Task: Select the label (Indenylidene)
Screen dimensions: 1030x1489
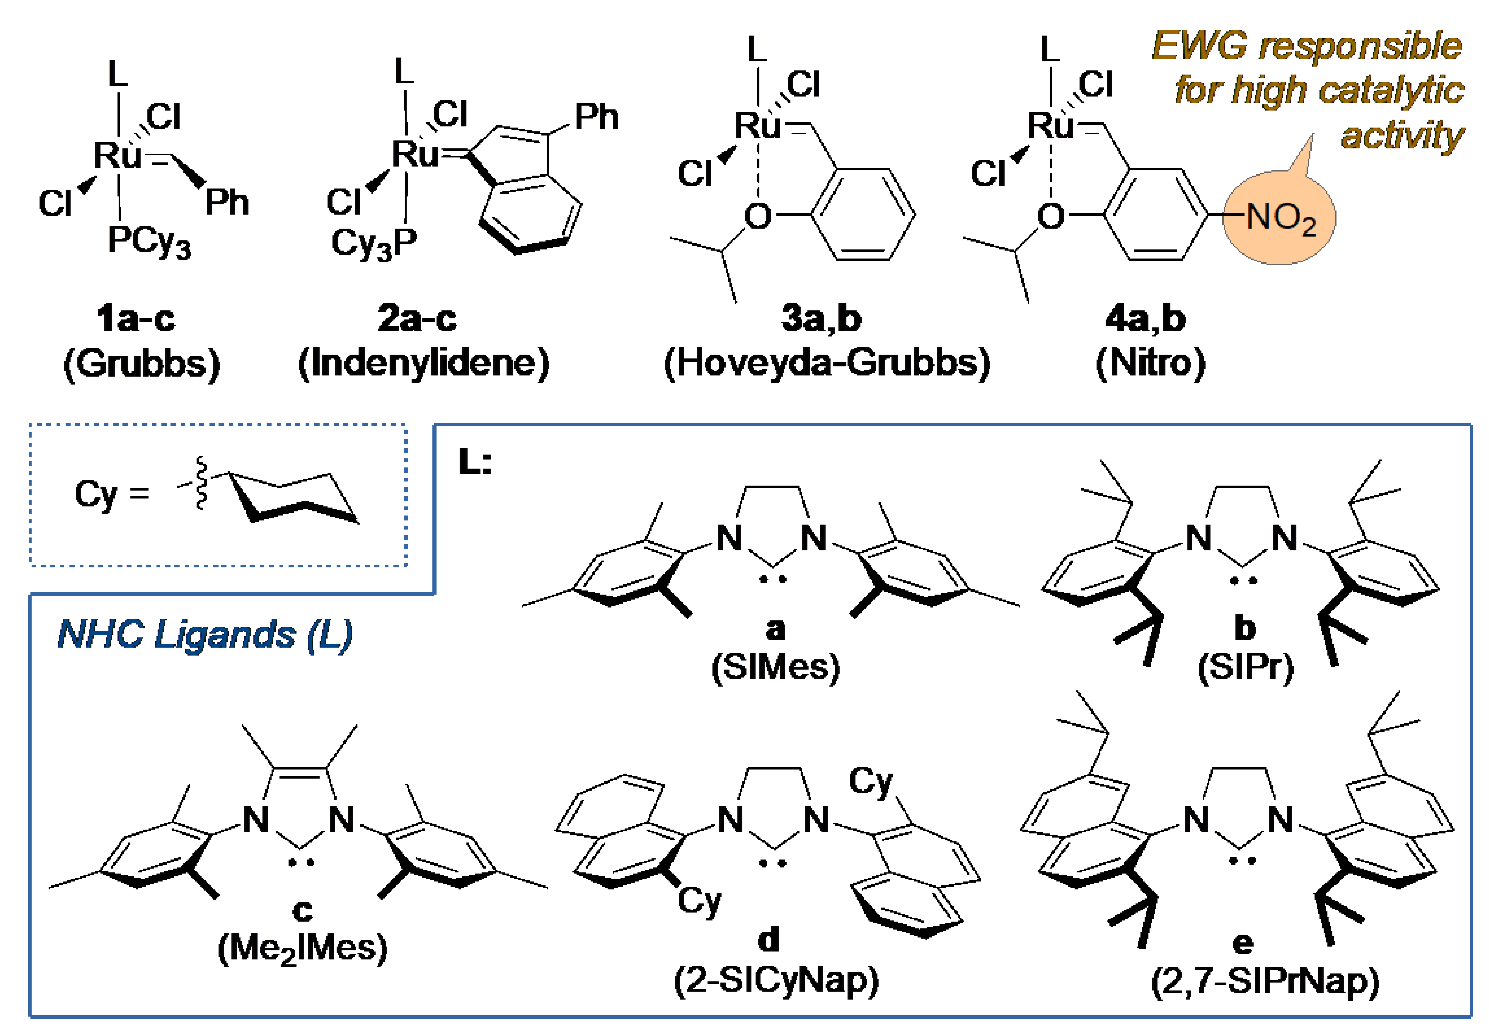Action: (423, 363)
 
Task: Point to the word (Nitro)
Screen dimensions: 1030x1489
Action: (1150, 363)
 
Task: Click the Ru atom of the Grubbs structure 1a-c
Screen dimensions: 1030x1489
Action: (118, 155)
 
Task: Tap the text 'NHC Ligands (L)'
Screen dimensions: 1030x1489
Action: (204, 634)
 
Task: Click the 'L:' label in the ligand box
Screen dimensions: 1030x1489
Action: (474, 462)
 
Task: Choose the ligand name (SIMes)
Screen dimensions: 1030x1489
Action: (775, 667)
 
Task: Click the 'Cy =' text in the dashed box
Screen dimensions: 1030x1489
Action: (111, 495)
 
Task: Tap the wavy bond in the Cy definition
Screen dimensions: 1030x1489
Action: (201, 483)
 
